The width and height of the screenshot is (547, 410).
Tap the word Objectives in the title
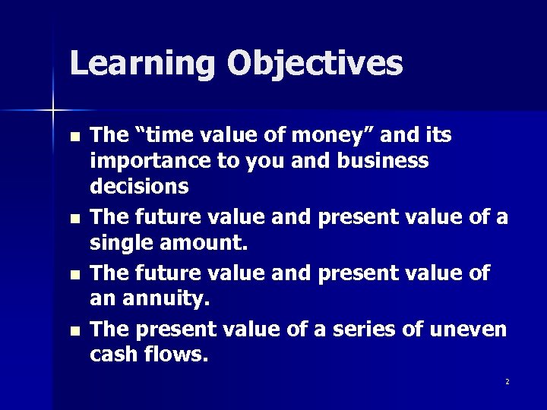[315, 64]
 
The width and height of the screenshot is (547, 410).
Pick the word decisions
[140, 186]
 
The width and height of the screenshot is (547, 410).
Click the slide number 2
[507, 381]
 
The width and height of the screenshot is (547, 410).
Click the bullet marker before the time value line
[73, 138]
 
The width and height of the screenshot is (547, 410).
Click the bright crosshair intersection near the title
[52, 112]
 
